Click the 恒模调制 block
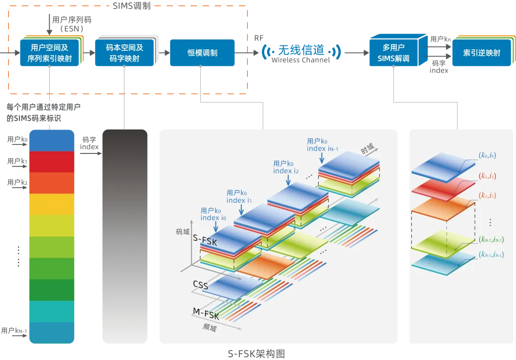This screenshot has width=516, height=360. (203, 53)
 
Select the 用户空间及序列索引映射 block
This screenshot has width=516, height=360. (49, 53)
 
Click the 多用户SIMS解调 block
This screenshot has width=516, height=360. (393, 53)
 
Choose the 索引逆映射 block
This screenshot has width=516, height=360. (482, 53)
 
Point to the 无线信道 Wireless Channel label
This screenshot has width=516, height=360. (301, 53)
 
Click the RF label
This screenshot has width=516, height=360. (258, 38)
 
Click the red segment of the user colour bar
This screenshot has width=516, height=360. (52, 162)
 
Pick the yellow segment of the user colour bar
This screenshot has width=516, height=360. (52, 204)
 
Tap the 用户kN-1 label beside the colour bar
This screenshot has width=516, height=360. (14, 331)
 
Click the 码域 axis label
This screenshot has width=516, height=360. (183, 232)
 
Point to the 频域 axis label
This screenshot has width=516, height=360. (210, 328)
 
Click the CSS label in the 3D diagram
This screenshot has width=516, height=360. (201, 285)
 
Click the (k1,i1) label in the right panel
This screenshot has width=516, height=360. (487, 176)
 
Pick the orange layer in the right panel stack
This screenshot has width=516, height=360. (442, 208)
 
